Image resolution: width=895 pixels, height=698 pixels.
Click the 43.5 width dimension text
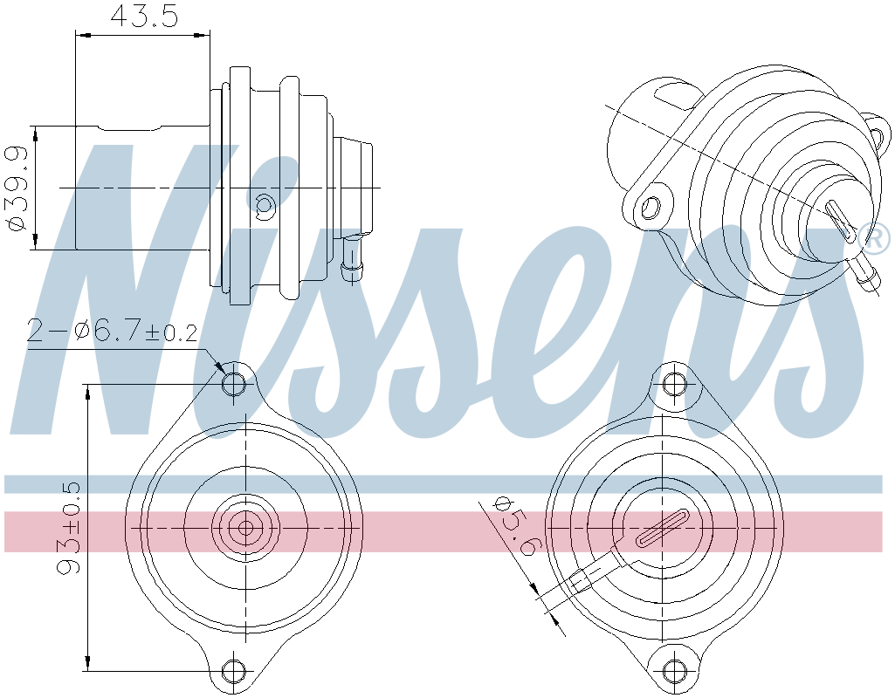coord(143,16)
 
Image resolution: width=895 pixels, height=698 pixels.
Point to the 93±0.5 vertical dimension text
coord(69,528)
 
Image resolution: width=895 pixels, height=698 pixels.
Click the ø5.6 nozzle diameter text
coord(515,526)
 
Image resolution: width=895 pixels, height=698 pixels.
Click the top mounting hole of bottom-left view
coord(234,384)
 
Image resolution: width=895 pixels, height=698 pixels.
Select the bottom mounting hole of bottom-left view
coord(234,671)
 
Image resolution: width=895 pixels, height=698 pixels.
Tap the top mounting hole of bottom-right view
coord(672,384)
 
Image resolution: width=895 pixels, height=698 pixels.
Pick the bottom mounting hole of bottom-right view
coord(672,671)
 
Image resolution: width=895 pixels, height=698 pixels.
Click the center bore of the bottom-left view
coord(246,527)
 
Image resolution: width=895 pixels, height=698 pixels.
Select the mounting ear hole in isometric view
coord(651,208)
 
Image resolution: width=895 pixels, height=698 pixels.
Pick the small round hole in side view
coord(265,207)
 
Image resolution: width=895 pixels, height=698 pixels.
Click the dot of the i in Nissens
coord(216,168)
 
